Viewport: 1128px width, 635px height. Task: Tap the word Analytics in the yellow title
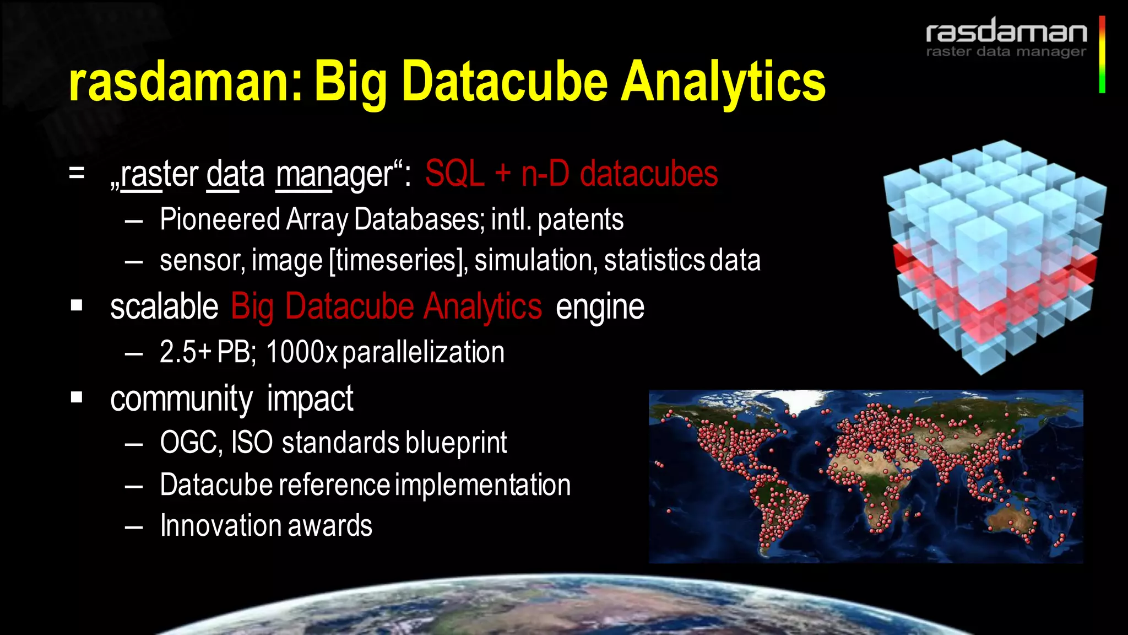click(x=723, y=83)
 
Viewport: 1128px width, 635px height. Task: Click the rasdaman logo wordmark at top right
click(x=1006, y=31)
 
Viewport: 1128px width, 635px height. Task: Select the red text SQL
click(x=454, y=174)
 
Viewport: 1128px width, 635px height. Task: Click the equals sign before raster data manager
click(x=77, y=173)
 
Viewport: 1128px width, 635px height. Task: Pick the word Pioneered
click(x=220, y=219)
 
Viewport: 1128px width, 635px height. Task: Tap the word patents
click(x=581, y=219)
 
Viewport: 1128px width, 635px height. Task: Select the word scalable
click(x=164, y=306)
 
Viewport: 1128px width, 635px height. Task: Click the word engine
click(x=600, y=307)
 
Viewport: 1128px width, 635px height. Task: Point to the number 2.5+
click(x=186, y=352)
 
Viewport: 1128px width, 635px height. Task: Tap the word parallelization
click(x=423, y=352)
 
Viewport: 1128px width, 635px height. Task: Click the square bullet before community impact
click(x=77, y=397)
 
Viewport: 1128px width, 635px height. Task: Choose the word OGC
click(x=191, y=443)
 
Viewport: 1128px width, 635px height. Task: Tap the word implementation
click(x=482, y=485)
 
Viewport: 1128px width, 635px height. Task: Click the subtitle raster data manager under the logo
click(x=1006, y=52)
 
